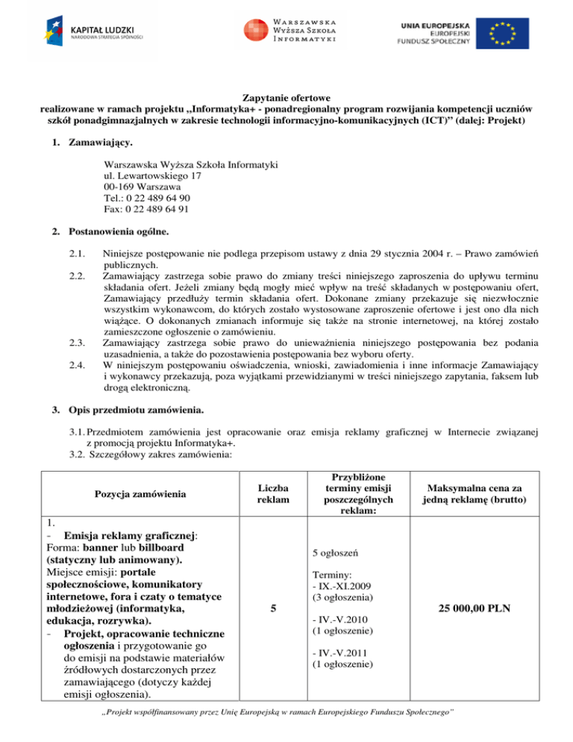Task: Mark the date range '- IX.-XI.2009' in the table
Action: click(338, 587)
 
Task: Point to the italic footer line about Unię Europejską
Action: click(286, 726)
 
